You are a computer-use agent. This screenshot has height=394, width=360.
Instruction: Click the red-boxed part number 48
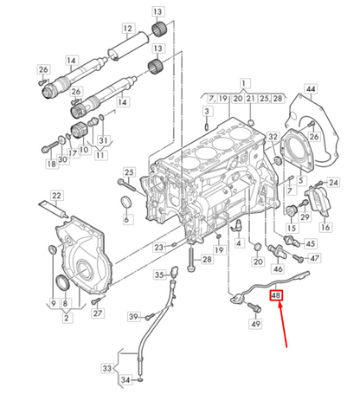coord(278,296)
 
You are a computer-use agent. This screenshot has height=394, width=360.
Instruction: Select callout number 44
coord(310,90)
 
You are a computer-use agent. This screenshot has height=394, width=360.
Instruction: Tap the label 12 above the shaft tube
coord(127,29)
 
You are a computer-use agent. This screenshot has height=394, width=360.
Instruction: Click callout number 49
coord(255,323)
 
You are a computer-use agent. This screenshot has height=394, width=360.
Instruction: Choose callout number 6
coord(126,220)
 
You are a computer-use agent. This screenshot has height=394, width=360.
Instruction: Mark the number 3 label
coord(207,112)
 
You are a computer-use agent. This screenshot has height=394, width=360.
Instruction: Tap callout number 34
coord(126,379)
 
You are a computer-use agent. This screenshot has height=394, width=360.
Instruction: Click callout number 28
coord(206,259)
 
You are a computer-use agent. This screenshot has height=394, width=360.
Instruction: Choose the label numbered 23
coord(159,247)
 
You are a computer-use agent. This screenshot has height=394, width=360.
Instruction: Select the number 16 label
coord(325,227)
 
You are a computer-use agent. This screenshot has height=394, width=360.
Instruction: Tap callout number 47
coord(313,257)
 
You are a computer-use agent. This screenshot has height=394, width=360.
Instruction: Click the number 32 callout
coord(273,137)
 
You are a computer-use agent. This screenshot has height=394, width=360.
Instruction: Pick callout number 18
coord(51,162)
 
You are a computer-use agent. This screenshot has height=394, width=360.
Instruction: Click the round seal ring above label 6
coord(126,203)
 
